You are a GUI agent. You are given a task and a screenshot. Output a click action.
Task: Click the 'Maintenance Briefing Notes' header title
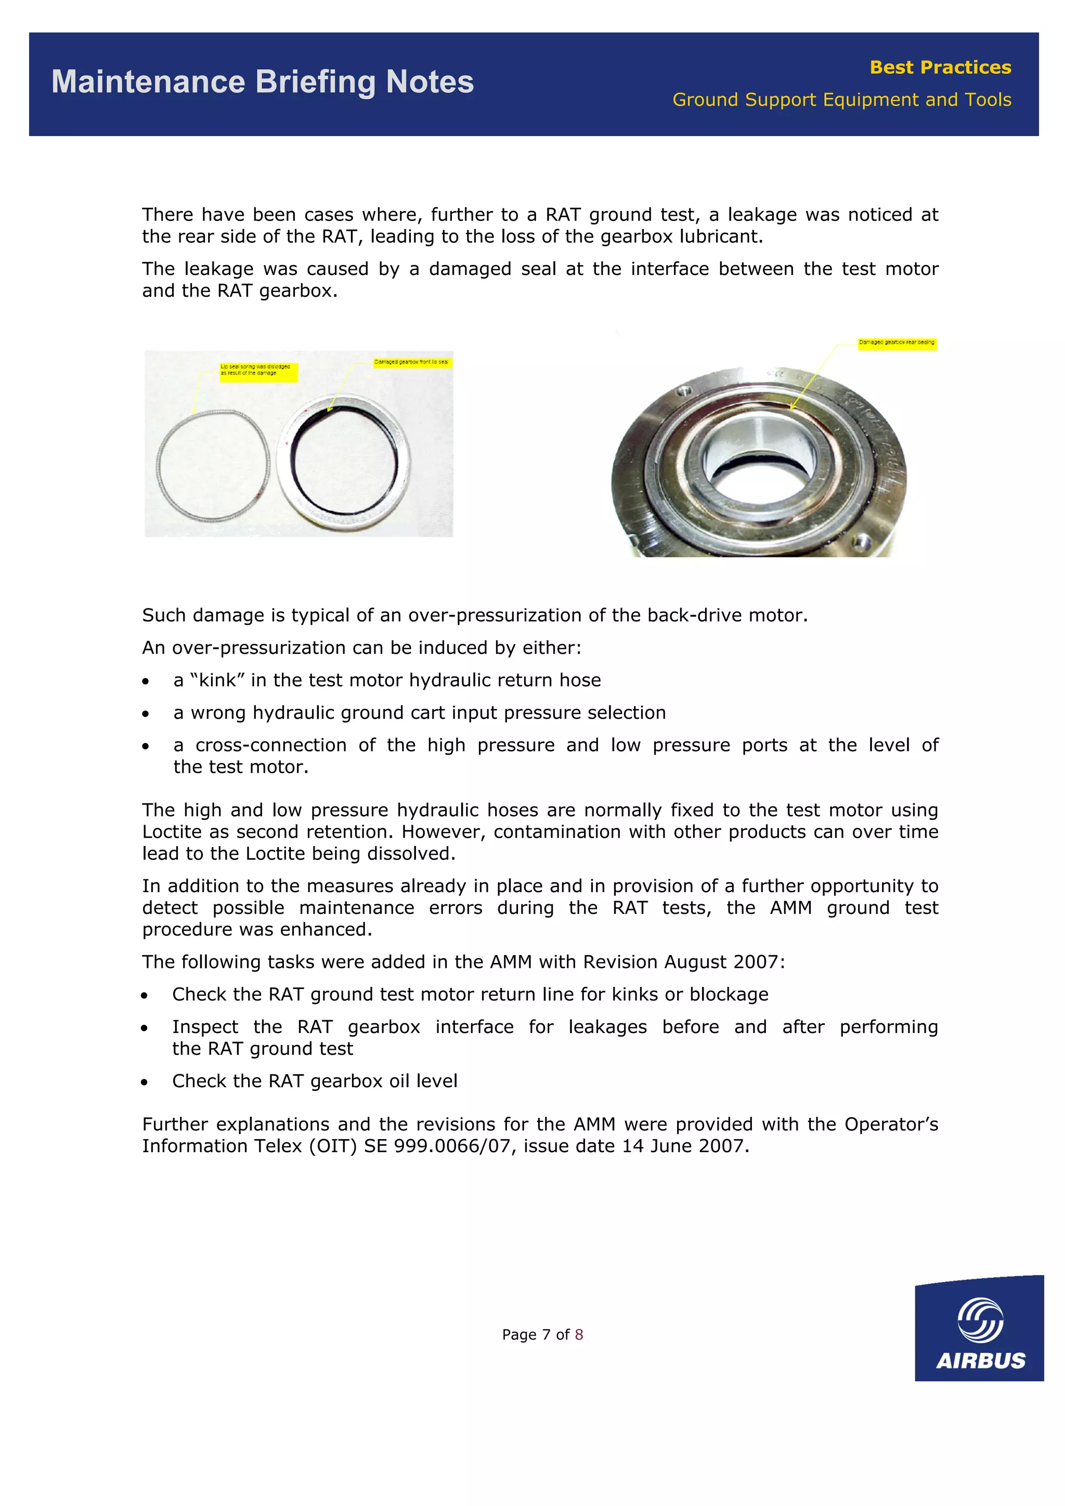click(263, 83)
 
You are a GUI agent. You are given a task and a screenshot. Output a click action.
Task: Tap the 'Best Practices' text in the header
click(940, 68)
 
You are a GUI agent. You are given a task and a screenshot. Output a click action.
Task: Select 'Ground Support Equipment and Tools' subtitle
click(841, 100)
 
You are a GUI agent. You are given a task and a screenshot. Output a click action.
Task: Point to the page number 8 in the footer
click(579, 1335)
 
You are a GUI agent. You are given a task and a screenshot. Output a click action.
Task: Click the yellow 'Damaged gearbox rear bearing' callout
click(897, 343)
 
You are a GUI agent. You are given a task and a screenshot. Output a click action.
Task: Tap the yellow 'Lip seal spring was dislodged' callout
click(258, 371)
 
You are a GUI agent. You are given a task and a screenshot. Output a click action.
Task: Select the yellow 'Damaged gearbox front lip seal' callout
click(411, 363)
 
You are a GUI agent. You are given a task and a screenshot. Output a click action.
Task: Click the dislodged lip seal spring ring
click(213, 463)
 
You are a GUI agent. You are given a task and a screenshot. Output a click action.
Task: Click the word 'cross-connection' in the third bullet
click(271, 745)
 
